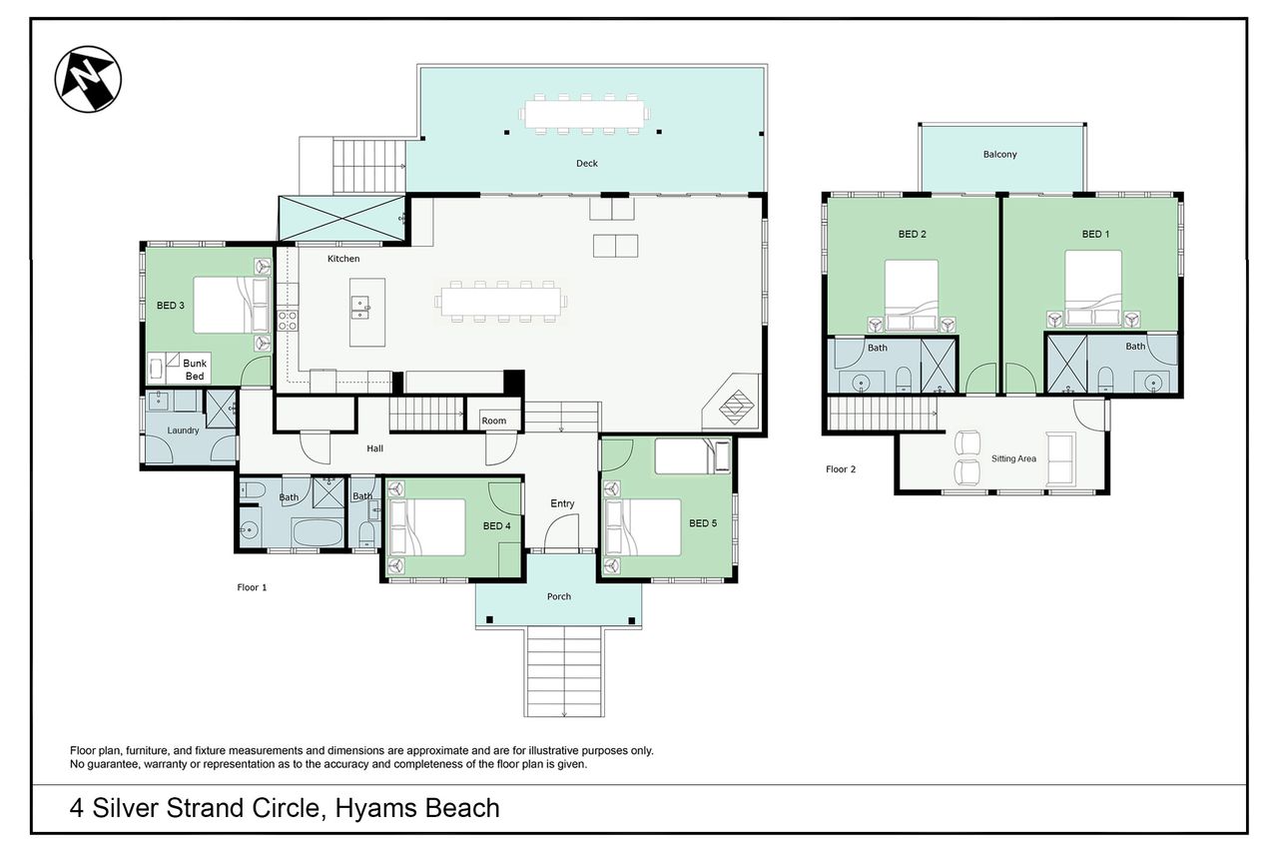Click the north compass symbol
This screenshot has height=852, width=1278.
(x=88, y=79)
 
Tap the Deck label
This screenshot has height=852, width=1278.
(x=586, y=163)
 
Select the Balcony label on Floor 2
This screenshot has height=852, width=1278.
(x=999, y=154)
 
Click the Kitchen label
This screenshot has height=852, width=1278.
(x=343, y=259)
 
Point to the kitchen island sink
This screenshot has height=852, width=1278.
(x=360, y=308)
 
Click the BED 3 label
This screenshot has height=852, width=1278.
(x=171, y=306)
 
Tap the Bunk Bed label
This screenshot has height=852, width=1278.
(x=195, y=370)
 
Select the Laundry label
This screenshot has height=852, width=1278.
(x=183, y=430)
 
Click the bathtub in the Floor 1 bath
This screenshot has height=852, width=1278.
(x=318, y=531)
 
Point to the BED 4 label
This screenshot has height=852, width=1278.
(x=496, y=525)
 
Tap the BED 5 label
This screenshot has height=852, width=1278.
(x=702, y=522)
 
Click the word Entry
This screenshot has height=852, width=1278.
(x=562, y=503)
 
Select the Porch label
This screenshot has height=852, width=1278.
(x=558, y=596)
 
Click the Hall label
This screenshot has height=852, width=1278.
(x=374, y=448)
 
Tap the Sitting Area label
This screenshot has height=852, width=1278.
(x=1013, y=458)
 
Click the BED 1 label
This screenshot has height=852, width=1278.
(x=1095, y=234)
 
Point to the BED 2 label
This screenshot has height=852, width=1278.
(x=912, y=234)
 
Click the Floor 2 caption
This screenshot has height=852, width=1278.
(x=841, y=469)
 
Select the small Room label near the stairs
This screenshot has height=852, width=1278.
(x=493, y=421)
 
